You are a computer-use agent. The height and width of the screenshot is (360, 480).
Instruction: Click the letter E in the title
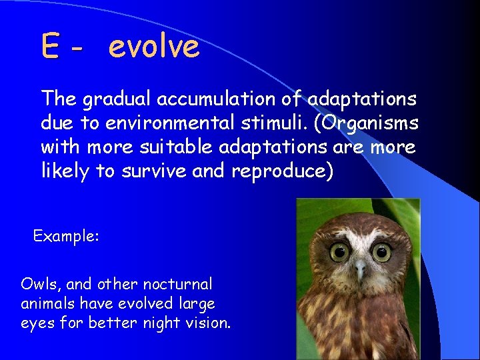coord(50,47)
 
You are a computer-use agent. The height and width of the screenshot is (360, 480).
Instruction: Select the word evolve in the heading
coord(153,47)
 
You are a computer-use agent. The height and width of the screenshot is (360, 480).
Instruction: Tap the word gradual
coord(117,99)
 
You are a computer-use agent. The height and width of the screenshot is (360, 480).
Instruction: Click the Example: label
coord(66,236)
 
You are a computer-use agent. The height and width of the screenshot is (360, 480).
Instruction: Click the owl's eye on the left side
coord(340,252)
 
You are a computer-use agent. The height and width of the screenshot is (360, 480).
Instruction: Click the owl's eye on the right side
coord(381,252)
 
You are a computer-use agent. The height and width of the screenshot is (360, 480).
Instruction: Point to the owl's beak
coord(360,269)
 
